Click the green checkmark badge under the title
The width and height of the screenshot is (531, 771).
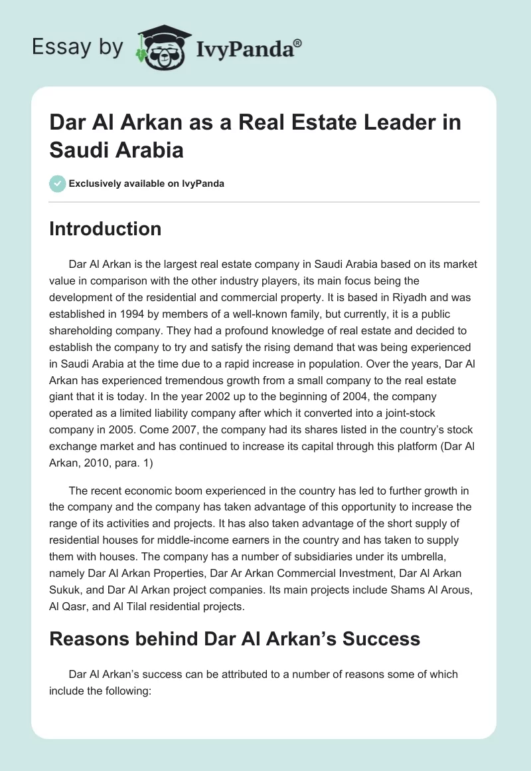click(x=58, y=183)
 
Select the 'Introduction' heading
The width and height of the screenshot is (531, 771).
click(x=106, y=229)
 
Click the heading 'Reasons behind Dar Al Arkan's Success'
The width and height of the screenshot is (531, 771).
click(x=234, y=639)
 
